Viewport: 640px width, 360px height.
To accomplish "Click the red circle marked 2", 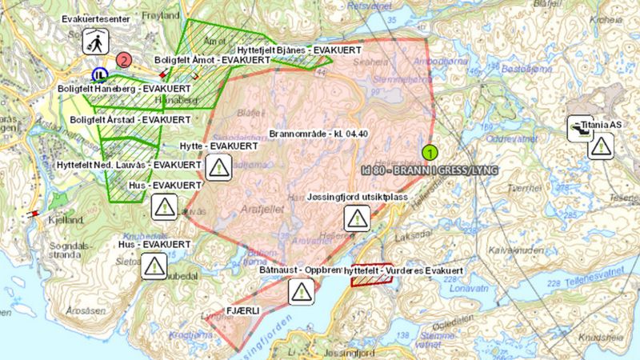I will point(123,58).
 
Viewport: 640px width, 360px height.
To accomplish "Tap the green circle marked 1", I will point(430,150).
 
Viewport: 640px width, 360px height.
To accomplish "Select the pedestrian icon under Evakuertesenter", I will point(95,42).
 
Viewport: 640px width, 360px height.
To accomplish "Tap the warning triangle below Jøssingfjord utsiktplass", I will point(357,217).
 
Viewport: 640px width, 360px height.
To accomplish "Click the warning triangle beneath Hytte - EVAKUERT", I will point(218,166).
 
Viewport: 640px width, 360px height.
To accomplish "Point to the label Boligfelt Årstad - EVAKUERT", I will point(130,119).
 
